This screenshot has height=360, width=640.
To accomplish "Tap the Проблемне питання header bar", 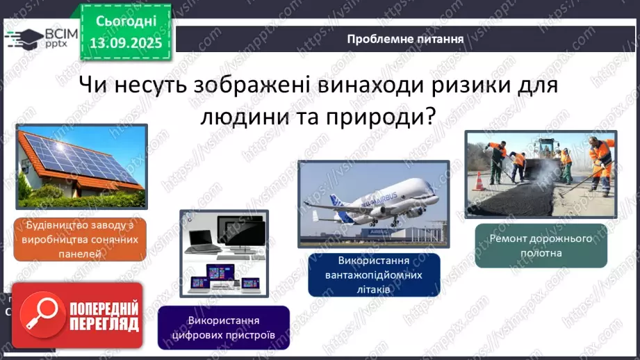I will pyautogui.click(x=406, y=39).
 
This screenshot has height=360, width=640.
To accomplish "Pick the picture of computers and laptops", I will pyautogui.click(x=224, y=254).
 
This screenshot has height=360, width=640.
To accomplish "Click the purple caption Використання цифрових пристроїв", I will pyautogui.click(x=223, y=327).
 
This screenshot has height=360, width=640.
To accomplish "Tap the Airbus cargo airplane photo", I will pyautogui.click(x=373, y=204).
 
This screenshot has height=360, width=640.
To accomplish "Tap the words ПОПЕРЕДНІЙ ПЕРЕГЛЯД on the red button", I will pyautogui.click(x=104, y=316).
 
